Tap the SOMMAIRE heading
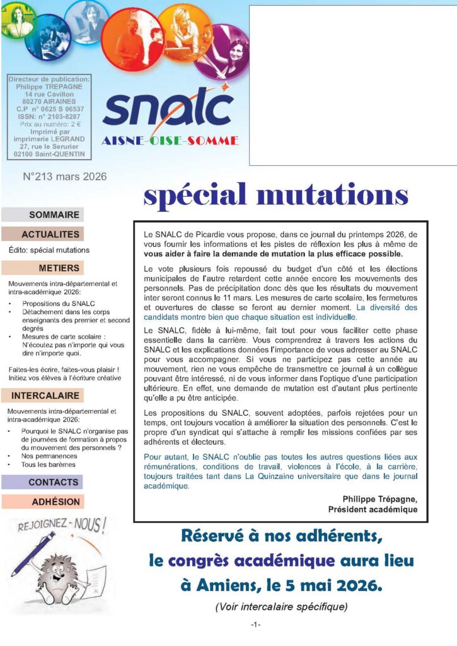click(54, 214)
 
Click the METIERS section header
click(59, 267)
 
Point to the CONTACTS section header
click(54, 482)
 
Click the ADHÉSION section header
click(56, 502)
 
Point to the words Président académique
click(373, 509)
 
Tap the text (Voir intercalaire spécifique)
click(281, 607)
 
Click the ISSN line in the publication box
click(49, 117)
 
